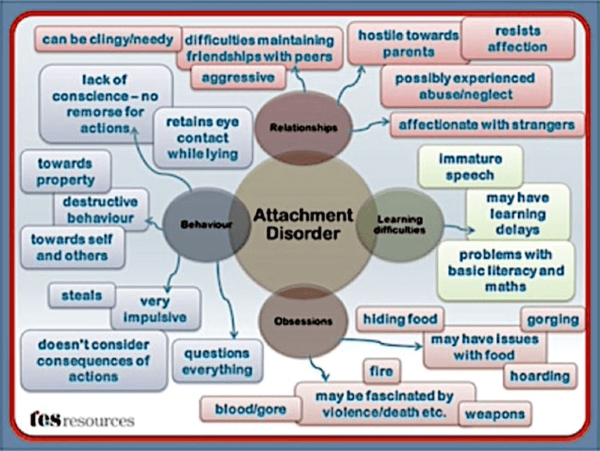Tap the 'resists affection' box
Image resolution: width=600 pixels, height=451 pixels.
coord(518,39)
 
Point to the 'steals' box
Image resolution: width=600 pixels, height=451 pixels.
coord(81,296)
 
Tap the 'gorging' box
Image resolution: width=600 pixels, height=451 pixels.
coord(553,320)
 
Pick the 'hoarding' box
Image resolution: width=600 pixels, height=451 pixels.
coord(540,376)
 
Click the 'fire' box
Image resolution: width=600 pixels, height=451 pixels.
coord(381,372)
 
